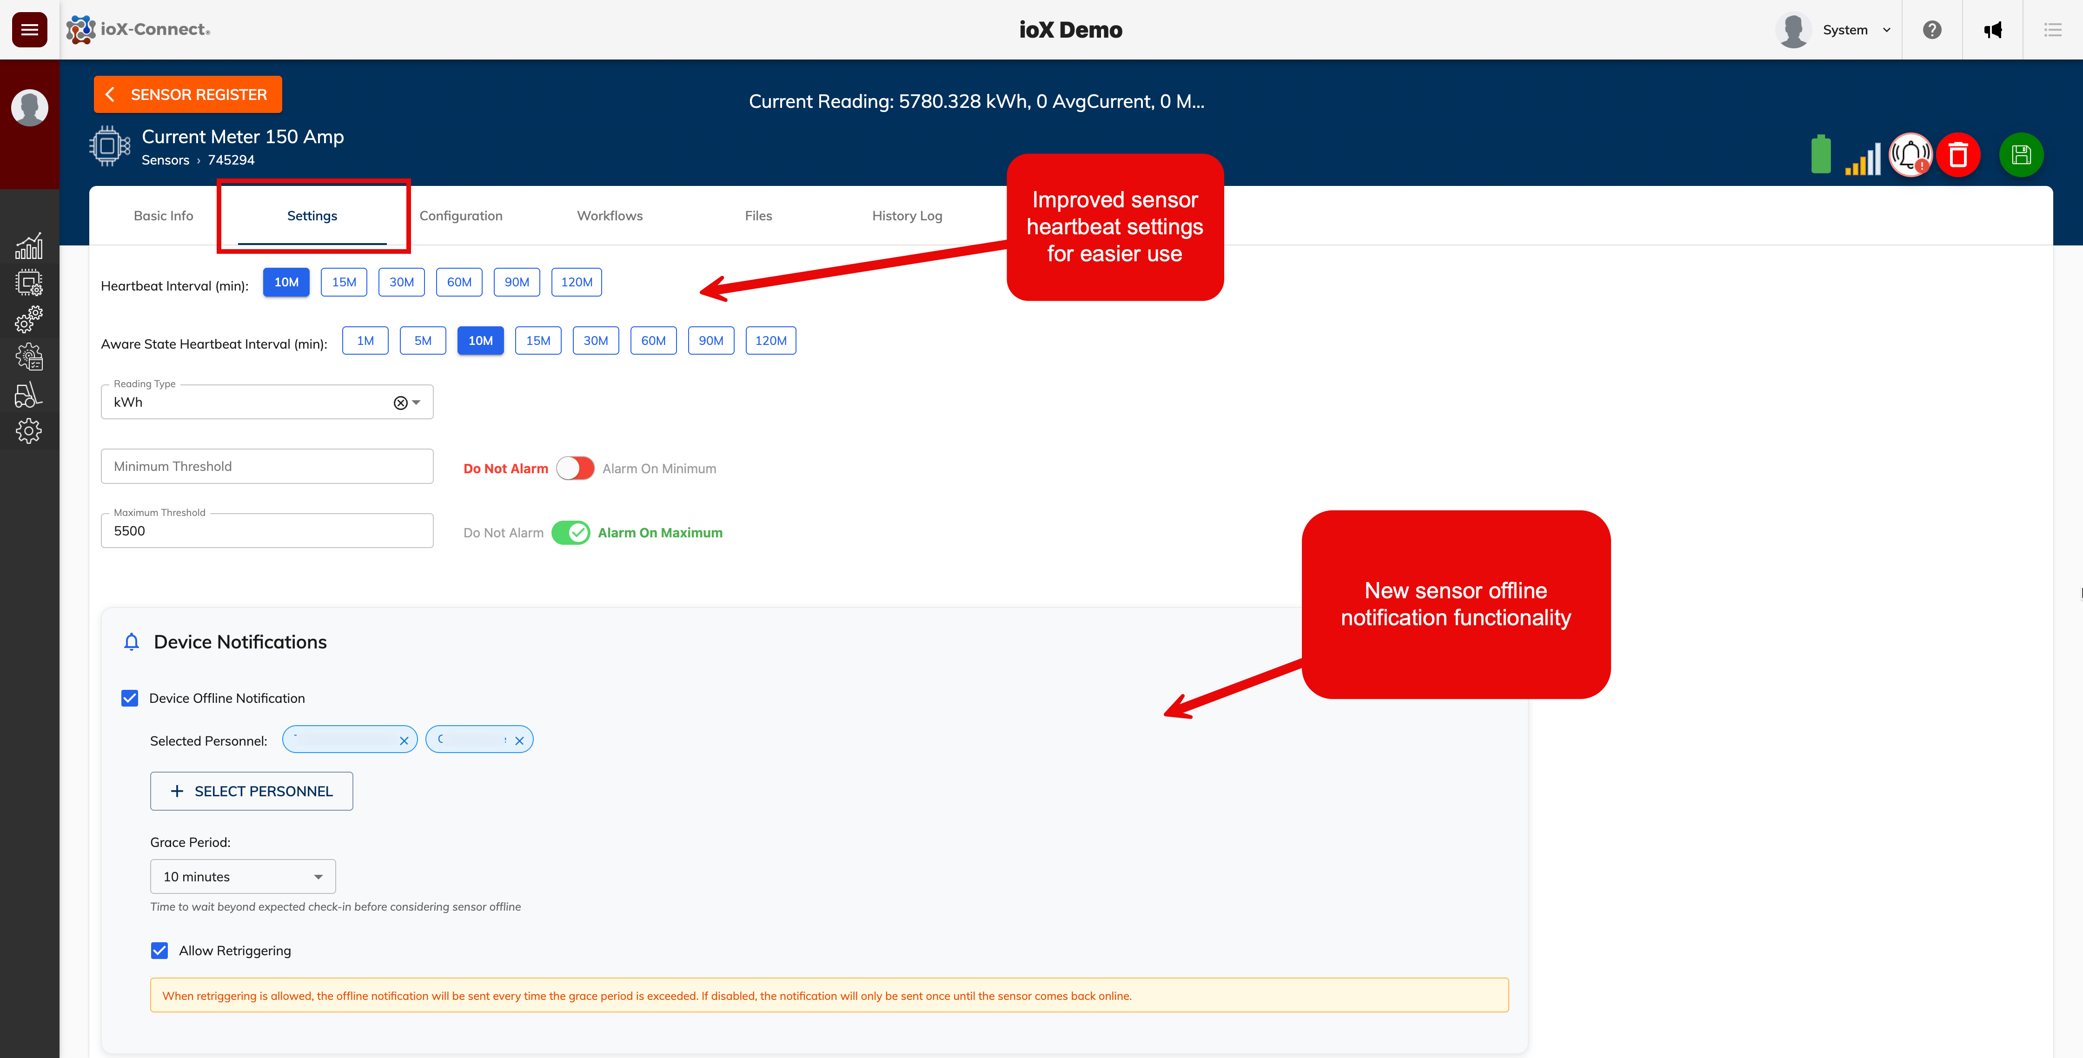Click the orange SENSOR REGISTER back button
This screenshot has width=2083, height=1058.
point(187,94)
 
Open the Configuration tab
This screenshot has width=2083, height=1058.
point(461,216)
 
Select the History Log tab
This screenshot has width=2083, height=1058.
point(907,216)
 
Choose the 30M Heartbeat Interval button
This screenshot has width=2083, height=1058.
point(401,282)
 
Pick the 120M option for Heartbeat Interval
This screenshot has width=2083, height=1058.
point(577,282)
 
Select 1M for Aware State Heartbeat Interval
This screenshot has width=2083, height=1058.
point(365,340)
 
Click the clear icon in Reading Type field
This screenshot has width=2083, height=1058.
point(400,403)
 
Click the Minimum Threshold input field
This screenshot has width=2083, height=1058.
point(267,466)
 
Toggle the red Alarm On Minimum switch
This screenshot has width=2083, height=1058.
point(575,468)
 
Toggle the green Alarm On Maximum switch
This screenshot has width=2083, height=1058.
point(571,533)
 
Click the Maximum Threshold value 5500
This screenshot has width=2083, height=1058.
point(267,531)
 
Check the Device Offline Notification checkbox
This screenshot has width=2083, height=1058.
point(129,698)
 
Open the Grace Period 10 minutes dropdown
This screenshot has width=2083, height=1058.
point(243,877)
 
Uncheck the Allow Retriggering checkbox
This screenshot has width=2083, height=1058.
point(159,951)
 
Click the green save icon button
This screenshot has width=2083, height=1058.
point(2021,154)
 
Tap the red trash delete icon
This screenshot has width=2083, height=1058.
point(1957,154)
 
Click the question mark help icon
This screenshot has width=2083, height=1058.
point(1932,30)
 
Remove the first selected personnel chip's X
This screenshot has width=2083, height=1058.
point(404,741)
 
